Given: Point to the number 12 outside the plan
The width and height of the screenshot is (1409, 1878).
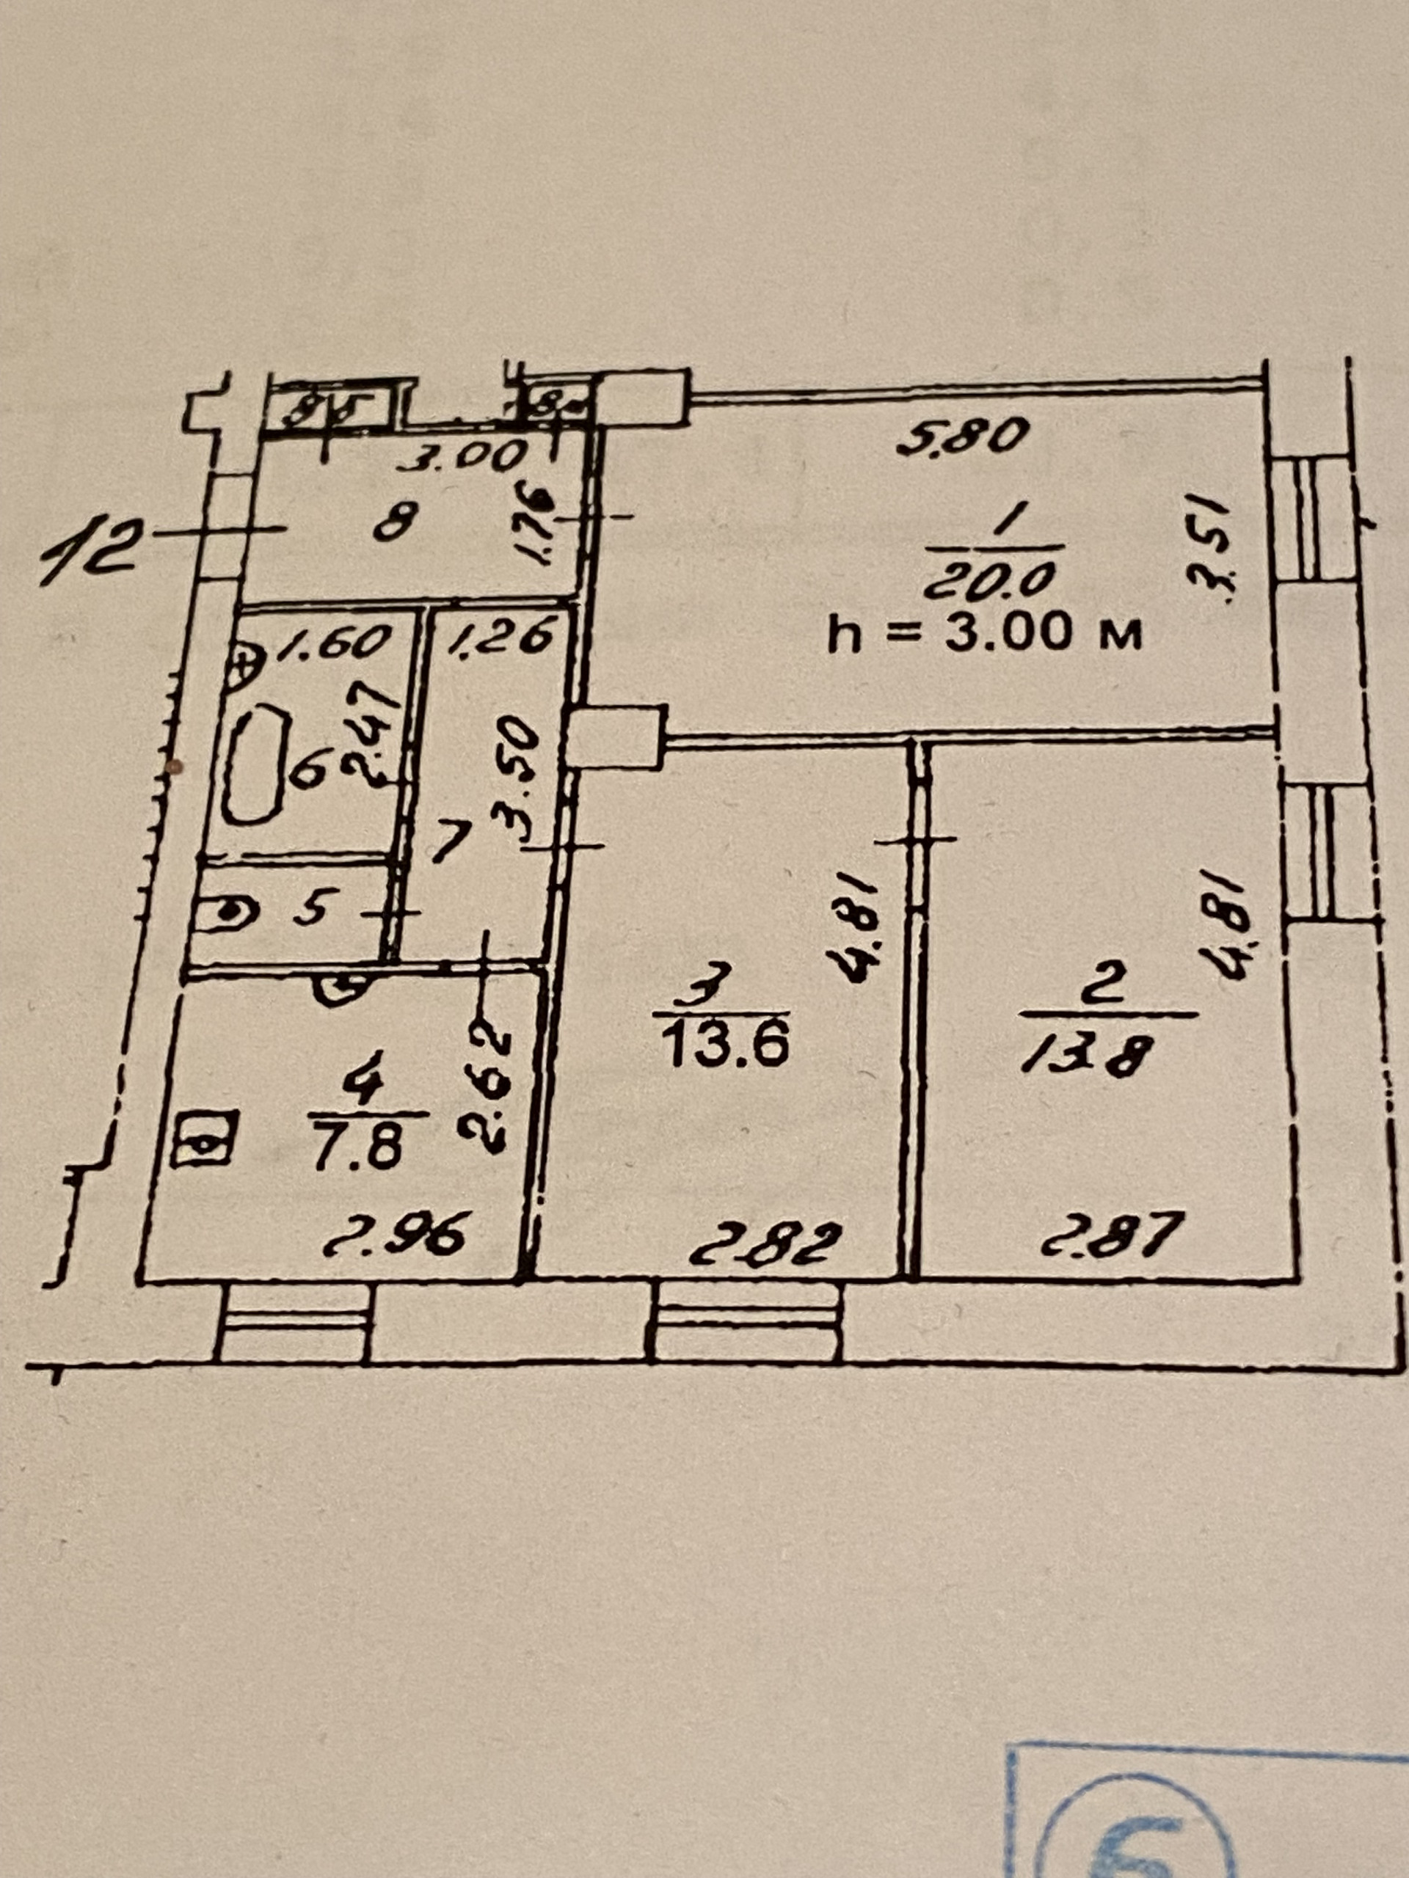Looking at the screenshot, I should tap(87, 559).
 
